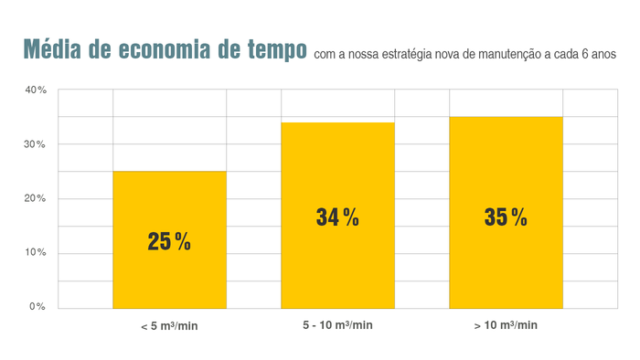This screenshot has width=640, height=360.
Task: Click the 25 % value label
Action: point(169,242)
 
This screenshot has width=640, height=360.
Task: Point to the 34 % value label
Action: point(337,217)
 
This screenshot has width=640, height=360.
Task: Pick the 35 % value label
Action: point(506,217)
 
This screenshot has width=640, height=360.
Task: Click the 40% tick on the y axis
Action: point(36,90)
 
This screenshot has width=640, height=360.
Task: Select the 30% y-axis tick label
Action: point(36,144)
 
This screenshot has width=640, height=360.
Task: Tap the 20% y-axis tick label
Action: point(36,198)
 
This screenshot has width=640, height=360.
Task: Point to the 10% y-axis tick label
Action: point(36,252)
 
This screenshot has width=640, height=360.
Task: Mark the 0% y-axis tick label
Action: point(37,306)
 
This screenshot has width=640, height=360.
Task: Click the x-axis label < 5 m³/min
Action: point(169,326)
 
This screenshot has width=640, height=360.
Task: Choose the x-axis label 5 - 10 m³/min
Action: point(337,325)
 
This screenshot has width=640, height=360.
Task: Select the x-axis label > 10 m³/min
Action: point(506,325)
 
